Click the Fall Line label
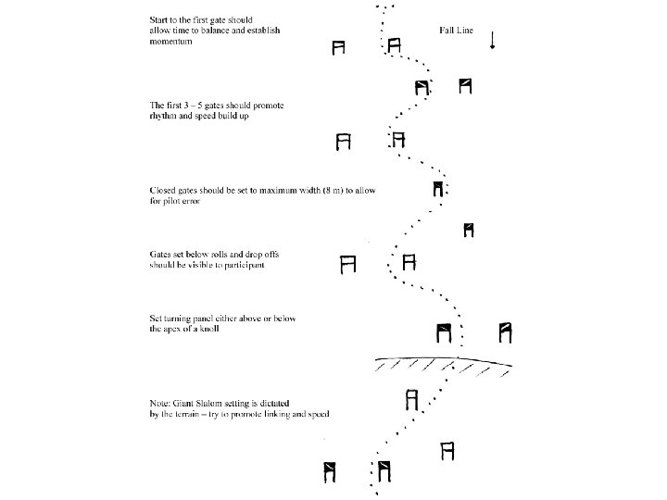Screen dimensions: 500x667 click(x=457, y=31)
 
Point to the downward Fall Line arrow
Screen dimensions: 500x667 click(x=491, y=40)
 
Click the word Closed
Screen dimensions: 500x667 click(x=164, y=190)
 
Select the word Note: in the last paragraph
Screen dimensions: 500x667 click(x=161, y=402)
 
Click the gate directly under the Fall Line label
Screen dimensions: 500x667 click(x=465, y=86)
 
